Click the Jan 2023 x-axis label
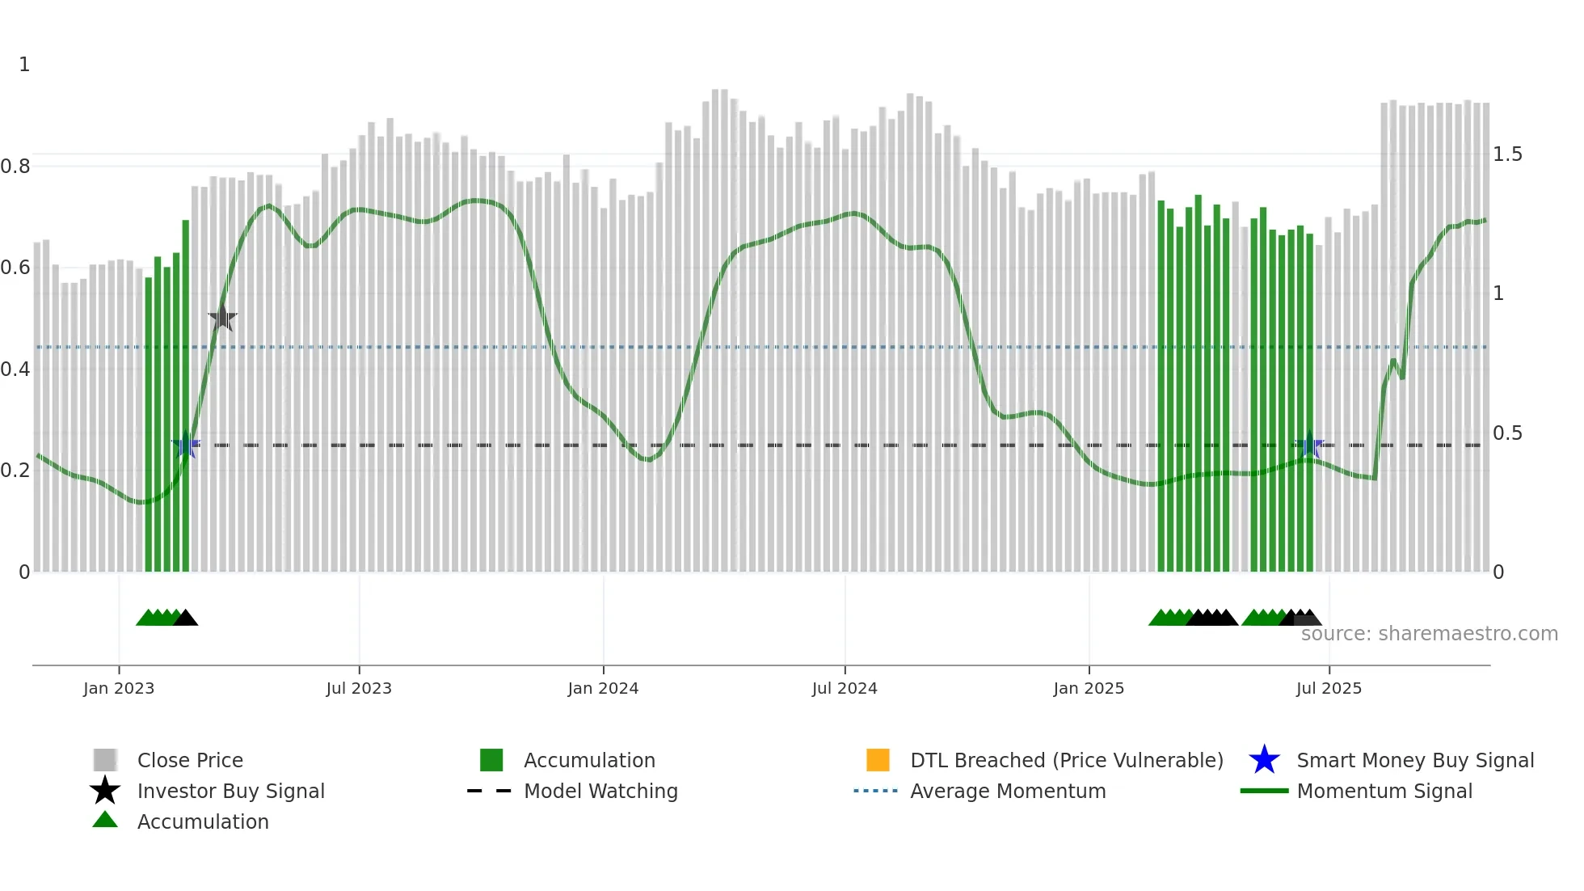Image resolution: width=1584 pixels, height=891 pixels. (x=119, y=688)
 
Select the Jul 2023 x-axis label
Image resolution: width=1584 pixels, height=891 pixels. (x=359, y=688)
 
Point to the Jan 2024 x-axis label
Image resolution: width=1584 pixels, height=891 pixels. (x=603, y=688)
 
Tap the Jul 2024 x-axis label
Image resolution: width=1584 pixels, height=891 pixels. (x=845, y=688)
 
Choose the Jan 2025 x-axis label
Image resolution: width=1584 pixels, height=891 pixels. (x=1089, y=688)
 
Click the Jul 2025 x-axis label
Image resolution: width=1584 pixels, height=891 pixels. (x=1329, y=688)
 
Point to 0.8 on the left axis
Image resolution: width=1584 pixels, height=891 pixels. (x=15, y=167)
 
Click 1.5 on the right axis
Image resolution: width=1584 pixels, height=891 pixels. (x=1507, y=154)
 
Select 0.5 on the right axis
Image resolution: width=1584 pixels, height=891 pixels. (x=1507, y=433)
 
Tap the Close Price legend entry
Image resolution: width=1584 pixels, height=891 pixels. (x=190, y=760)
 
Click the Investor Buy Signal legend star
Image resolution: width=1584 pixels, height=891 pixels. (x=105, y=791)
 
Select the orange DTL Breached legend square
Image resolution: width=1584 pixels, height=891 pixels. (x=878, y=760)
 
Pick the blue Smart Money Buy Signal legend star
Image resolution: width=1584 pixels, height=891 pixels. (x=1264, y=760)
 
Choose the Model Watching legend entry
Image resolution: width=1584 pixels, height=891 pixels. (x=600, y=791)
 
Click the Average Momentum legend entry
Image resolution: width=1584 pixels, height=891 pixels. (x=1008, y=791)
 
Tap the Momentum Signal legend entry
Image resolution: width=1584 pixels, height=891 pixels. (x=1384, y=791)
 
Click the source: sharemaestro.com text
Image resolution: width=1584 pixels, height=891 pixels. (x=1429, y=634)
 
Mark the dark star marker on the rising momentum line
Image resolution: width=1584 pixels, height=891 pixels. (x=222, y=318)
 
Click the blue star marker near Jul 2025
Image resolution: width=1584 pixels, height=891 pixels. (x=1309, y=445)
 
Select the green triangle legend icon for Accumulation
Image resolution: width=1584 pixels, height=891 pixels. (x=105, y=820)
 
